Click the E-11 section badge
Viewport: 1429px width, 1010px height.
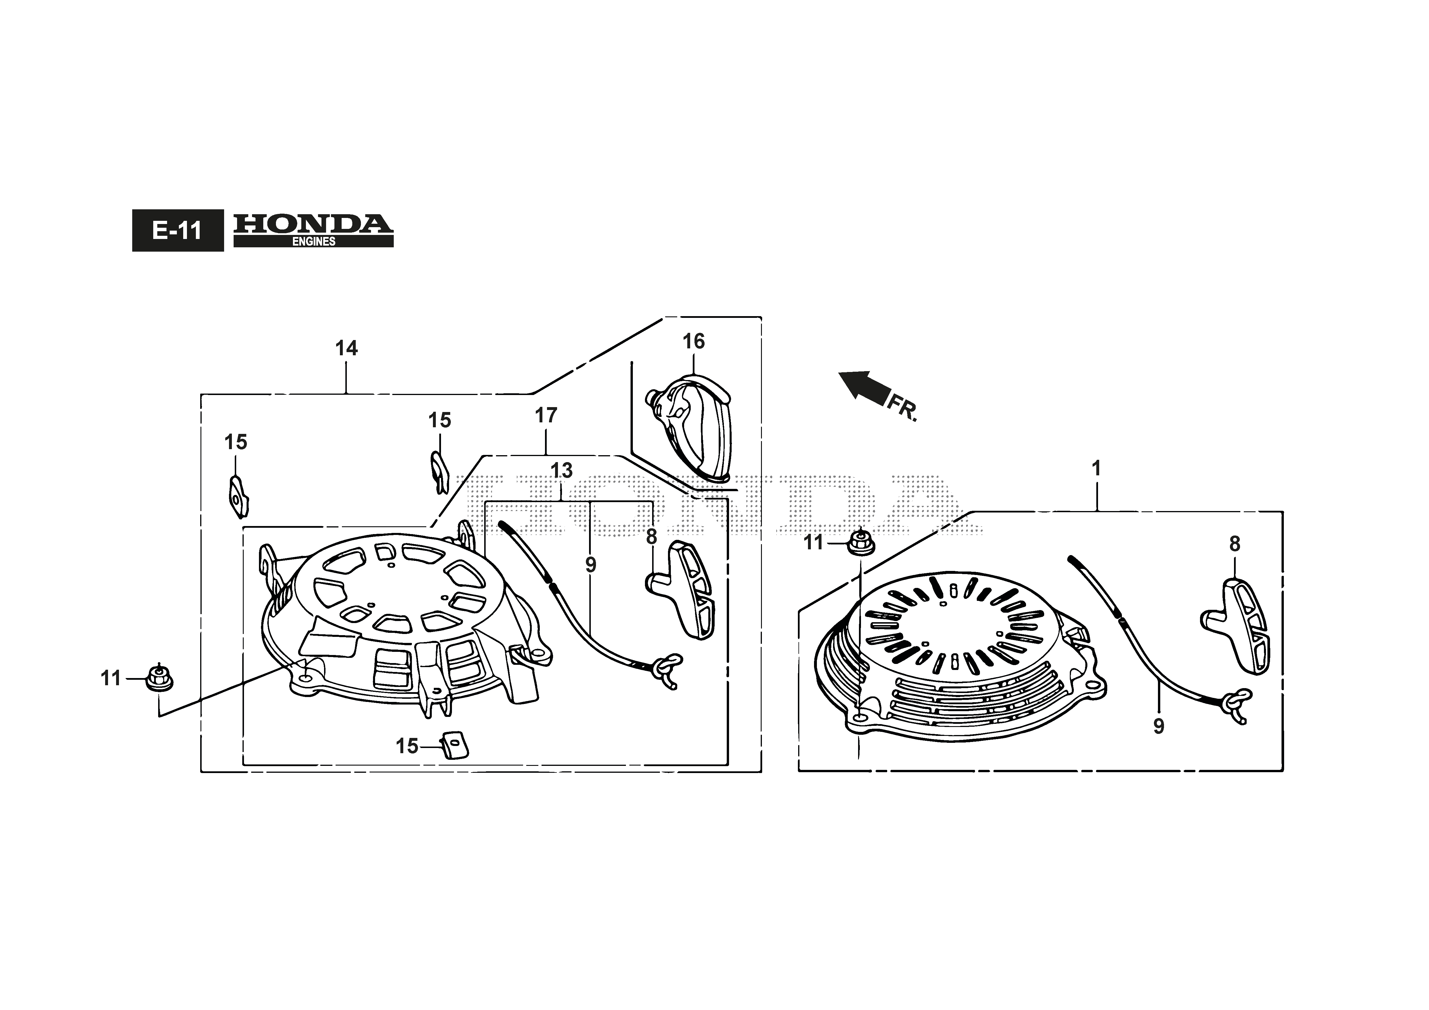(x=178, y=231)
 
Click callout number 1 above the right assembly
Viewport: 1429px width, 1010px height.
(x=1097, y=468)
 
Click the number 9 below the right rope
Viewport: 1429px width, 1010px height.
(x=1159, y=726)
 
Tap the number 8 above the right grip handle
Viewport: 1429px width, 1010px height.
(x=1235, y=544)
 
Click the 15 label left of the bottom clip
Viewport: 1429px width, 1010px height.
(x=407, y=746)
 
